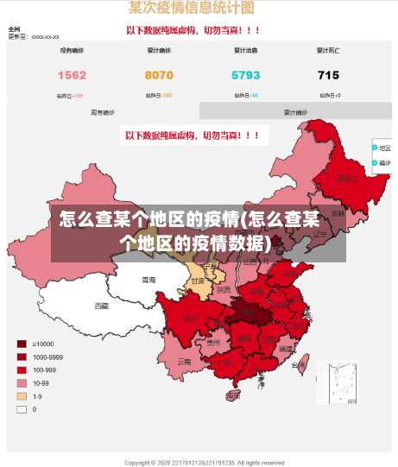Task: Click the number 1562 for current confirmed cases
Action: tap(72, 76)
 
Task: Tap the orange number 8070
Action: tap(159, 76)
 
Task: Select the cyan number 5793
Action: tap(245, 76)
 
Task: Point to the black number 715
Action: tap(328, 76)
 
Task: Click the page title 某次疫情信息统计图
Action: tap(192, 9)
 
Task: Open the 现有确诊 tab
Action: tap(103, 112)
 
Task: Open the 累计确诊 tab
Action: tap(295, 112)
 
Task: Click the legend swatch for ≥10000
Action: tap(22, 344)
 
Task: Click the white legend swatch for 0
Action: tap(22, 409)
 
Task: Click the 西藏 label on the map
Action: tap(102, 306)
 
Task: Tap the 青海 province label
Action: tap(149, 281)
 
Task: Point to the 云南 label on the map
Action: tap(184, 363)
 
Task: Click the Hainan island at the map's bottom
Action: tap(232, 396)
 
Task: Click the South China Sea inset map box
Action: tap(336, 382)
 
